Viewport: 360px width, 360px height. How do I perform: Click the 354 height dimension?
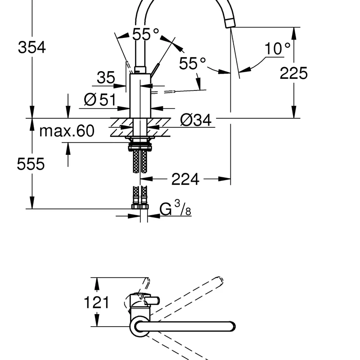32,47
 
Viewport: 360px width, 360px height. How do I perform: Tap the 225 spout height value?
293,73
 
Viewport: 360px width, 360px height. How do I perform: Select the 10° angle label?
277,49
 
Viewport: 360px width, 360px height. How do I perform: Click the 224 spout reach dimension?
185,179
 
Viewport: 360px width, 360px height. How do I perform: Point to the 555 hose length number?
31,164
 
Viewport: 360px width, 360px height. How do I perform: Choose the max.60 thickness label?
67,131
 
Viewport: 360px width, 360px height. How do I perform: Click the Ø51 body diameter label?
100,99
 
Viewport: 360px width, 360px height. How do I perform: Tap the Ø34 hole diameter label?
196,120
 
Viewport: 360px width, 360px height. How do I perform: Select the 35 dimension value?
106,77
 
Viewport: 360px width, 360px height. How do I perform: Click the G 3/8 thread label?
175,208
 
